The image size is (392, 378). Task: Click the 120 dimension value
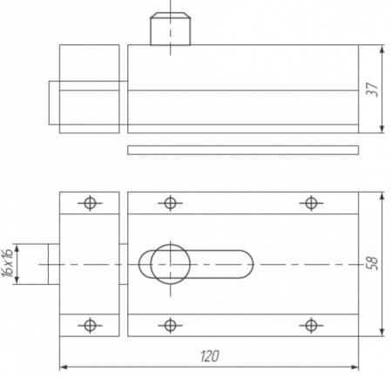point(210,356)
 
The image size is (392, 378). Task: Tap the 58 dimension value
point(373,264)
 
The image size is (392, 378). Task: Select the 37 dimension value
point(373,90)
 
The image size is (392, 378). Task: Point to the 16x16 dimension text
point(7,263)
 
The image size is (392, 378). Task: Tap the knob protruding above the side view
point(171,29)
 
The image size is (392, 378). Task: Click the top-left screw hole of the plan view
point(90,203)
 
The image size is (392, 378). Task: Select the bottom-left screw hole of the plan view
point(90,325)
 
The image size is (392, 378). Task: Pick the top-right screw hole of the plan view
point(311,203)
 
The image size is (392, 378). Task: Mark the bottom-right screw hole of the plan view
point(311,325)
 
